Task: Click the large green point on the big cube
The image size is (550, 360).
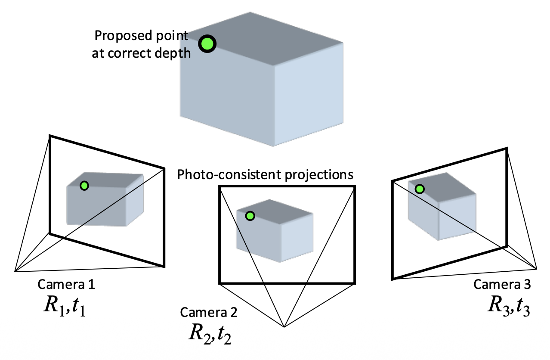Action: (x=207, y=43)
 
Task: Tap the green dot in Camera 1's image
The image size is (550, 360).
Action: (x=84, y=186)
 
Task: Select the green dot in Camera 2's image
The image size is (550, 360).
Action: (x=250, y=216)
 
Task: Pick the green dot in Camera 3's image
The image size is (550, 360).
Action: (x=419, y=189)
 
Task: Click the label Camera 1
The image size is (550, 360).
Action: (x=66, y=284)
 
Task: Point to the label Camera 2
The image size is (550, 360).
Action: (x=209, y=312)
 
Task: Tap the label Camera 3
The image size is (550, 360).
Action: (x=502, y=285)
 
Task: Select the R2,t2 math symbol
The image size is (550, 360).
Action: (x=210, y=333)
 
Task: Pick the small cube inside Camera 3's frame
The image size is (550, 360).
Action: (x=442, y=207)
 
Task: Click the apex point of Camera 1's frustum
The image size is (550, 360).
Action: (x=15, y=271)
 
